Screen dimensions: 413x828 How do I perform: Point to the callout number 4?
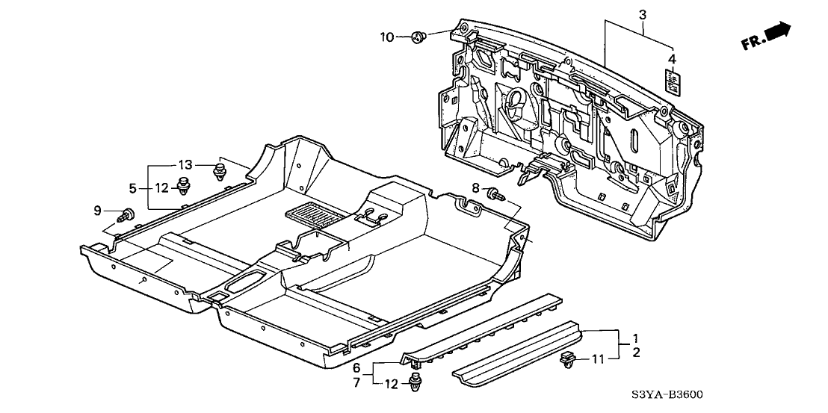pos(671,58)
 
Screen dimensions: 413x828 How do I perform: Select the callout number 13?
pos(185,164)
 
